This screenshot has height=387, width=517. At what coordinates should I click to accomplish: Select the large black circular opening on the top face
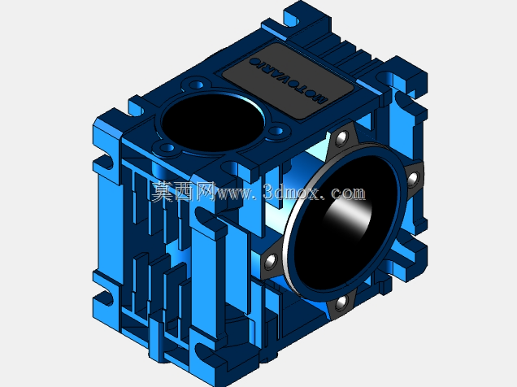213,123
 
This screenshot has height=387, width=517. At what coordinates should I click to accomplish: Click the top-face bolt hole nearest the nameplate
278,131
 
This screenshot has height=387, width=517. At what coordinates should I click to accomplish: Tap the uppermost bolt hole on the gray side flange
342,137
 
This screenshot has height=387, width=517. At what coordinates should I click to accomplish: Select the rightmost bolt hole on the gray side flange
413,180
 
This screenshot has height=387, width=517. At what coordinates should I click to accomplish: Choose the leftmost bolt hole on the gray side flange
271,261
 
